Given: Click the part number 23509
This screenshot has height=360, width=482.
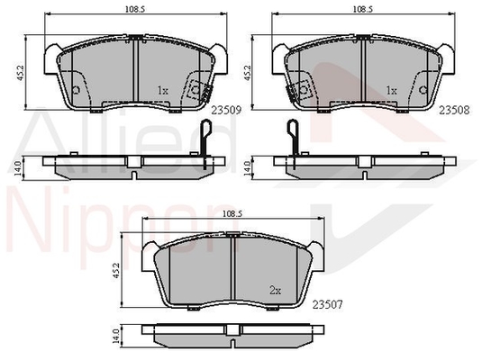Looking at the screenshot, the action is [x=226, y=110].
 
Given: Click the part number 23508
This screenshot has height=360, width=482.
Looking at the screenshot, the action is [x=454, y=110].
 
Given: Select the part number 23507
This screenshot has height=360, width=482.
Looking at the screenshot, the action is [x=327, y=305].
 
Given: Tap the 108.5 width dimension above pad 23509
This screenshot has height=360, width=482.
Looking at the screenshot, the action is [x=134, y=9].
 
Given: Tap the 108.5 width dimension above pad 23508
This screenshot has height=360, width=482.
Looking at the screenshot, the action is [x=363, y=9].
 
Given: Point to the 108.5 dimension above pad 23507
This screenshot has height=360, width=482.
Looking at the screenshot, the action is [x=232, y=214].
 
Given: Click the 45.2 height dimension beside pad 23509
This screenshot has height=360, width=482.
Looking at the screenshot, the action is [x=21, y=73].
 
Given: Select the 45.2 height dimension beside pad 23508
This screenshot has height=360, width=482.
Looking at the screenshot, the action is [x=247, y=73].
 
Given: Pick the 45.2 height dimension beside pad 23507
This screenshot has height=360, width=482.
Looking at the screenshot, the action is [x=116, y=270].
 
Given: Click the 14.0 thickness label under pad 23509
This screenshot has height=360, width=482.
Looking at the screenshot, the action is [x=18, y=168].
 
